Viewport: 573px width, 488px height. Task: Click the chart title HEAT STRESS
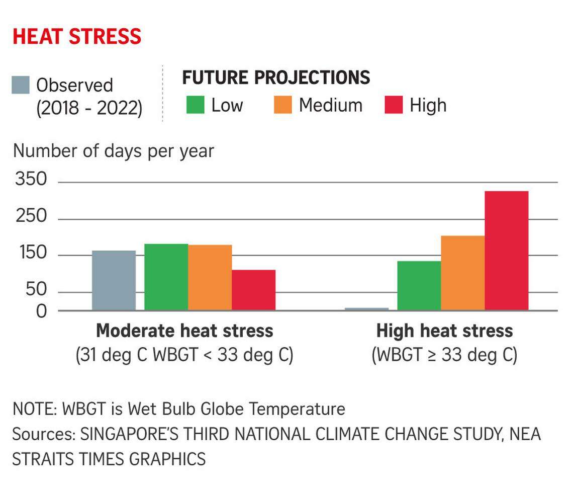pyautogui.click(x=77, y=37)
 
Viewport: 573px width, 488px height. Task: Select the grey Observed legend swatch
pyautogui.click(x=21, y=85)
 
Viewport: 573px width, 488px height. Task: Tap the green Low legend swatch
pyautogui.click(x=195, y=105)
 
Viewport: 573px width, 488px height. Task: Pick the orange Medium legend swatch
pyautogui.click(x=282, y=105)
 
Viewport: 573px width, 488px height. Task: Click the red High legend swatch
pyautogui.click(x=394, y=105)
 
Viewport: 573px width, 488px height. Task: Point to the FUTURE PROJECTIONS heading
pyautogui.click(x=276, y=77)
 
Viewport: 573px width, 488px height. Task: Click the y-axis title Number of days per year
pyautogui.click(x=114, y=150)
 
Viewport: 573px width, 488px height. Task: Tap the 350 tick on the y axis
pyautogui.click(x=31, y=180)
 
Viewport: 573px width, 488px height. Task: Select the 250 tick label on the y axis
pyautogui.click(x=31, y=217)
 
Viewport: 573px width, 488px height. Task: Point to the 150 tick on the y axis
pyautogui.click(x=31, y=253)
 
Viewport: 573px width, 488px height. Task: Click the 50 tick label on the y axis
pyautogui.click(x=36, y=290)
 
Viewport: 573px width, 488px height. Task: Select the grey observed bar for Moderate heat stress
pyautogui.click(x=114, y=280)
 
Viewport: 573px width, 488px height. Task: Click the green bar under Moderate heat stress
pyautogui.click(x=166, y=277)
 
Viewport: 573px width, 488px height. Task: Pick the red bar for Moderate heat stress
pyautogui.click(x=253, y=290)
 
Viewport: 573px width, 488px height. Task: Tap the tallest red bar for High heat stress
pyautogui.click(x=506, y=251)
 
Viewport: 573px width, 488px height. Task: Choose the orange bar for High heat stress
pyautogui.click(x=462, y=273)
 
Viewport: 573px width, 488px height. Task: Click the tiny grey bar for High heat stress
pyautogui.click(x=366, y=309)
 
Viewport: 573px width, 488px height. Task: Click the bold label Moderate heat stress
pyautogui.click(x=184, y=331)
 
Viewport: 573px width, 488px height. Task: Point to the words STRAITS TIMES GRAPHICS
pyautogui.click(x=109, y=459)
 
